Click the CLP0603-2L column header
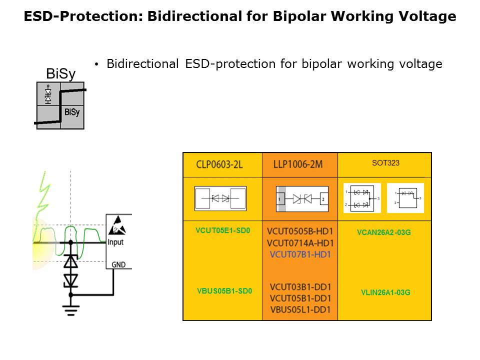pos(220,165)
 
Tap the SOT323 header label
pos(385,163)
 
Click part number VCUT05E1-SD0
pos(222,231)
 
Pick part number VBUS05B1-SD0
pos(224,290)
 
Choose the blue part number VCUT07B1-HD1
pos(300,254)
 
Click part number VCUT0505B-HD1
pos(300,231)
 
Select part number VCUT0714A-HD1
pos(300,243)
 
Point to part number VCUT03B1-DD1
pos(300,287)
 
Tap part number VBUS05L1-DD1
pos(300,309)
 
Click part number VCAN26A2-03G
pos(383,232)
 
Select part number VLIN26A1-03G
pos(385,292)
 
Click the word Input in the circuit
pos(115,242)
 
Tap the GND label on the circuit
pos(118,264)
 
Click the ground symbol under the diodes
pos(70,310)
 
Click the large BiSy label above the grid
pos(60,74)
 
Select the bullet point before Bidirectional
pos(96,64)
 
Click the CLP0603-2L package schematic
pos(220,198)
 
